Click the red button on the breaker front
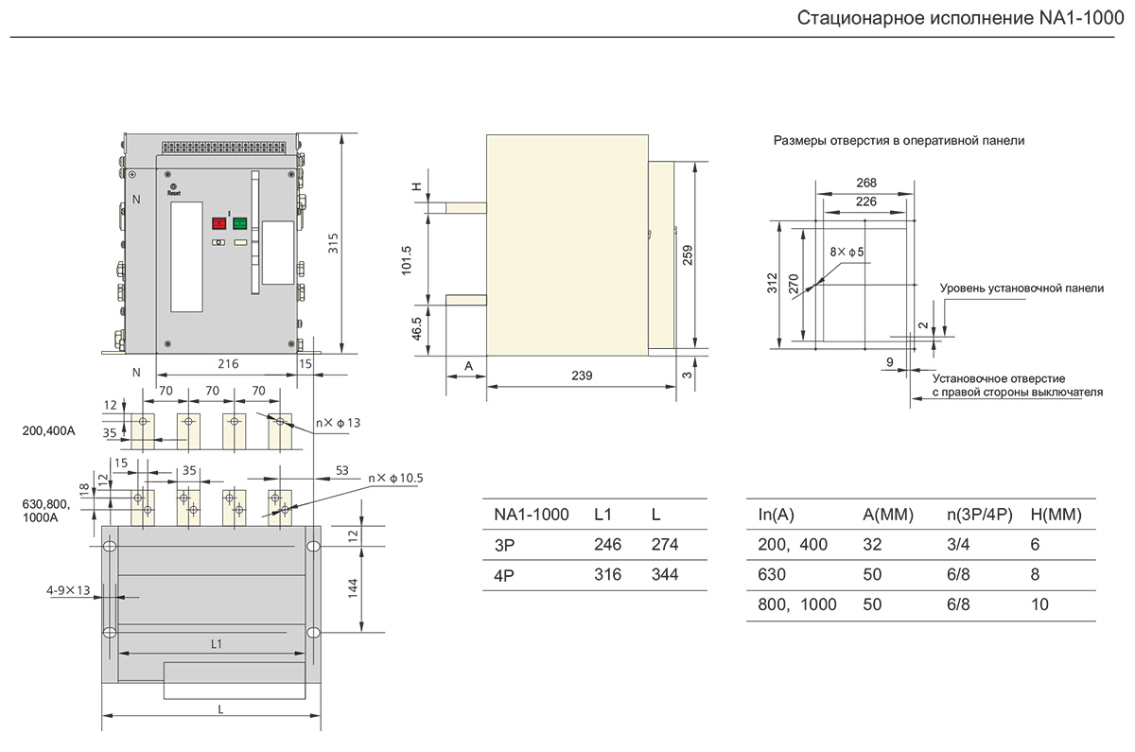point(218,223)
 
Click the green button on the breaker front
point(239,223)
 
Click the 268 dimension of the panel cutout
point(865,183)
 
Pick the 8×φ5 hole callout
point(847,253)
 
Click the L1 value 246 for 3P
point(607,545)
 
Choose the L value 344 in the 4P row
point(665,575)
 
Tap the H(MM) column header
point(1056,515)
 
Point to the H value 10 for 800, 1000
point(1040,604)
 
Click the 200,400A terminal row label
point(47,431)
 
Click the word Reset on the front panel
point(173,191)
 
